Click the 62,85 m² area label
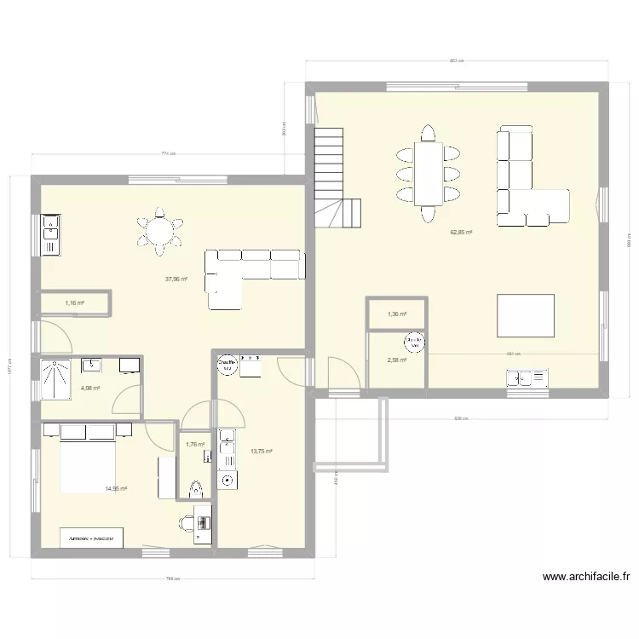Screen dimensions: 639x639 coord(462,233)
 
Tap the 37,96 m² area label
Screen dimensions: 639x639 coord(176,279)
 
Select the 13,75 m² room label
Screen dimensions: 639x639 coord(262,452)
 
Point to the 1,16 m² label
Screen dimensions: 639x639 coord(75,302)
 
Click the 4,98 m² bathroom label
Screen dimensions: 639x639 coord(90,389)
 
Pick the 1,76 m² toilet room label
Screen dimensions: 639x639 coord(195,444)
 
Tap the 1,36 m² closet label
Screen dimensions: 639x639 coord(397,314)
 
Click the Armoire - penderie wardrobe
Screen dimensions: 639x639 coord(91,538)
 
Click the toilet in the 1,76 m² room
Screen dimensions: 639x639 coord(196,488)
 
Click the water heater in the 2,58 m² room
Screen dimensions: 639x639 coord(414,342)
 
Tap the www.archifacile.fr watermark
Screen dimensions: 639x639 coord(585,577)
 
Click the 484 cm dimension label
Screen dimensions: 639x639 coord(513,354)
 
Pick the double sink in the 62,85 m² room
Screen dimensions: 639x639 coord(526,377)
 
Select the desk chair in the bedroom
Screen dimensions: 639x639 coord(187,522)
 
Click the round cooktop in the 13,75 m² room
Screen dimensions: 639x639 coord(227,481)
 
